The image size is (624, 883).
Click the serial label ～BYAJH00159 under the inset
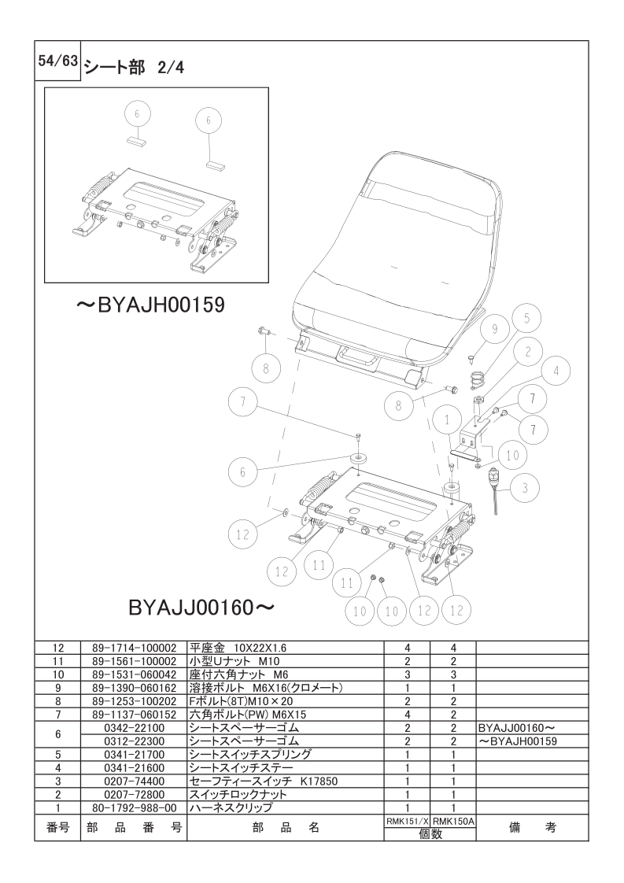tap(150, 305)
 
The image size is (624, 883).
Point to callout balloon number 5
tap(527, 319)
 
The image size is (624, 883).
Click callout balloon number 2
tap(526, 351)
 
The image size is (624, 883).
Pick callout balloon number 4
tap(556, 371)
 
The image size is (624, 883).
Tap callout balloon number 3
tap(524, 488)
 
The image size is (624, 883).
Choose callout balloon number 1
tap(448, 421)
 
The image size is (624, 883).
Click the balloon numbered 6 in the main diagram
tap(243, 471)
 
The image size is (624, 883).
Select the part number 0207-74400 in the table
tap(134, 781)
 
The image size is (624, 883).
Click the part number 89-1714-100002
tap(134, 648)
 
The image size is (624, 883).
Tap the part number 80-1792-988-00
tap(134, 808)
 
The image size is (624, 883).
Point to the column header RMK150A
tap(454, 821)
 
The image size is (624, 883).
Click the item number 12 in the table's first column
tap(57, 648)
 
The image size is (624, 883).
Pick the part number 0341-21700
tap(134, 755)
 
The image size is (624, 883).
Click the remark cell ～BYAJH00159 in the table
tap(518, 741)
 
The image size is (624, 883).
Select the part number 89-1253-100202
tap(134, 701)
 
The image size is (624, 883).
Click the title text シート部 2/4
tap(133, 67)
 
